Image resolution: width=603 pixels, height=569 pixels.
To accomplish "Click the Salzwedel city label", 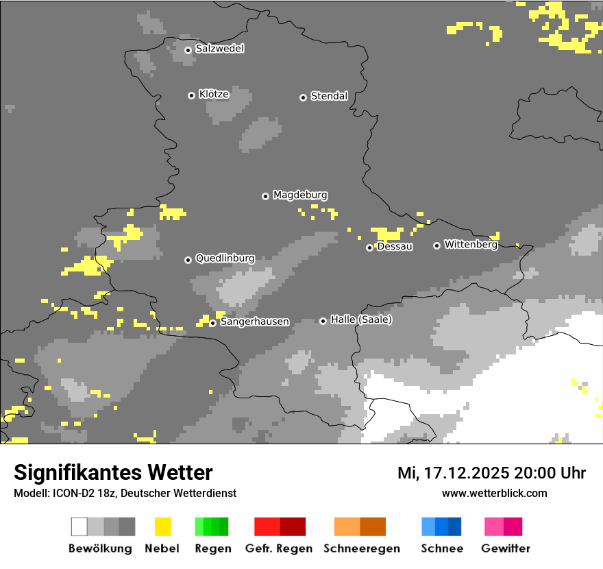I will (219, 49).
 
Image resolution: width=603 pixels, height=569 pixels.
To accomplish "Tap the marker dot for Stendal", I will (303, 97).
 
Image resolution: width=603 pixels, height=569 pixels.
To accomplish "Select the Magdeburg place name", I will (300, 195).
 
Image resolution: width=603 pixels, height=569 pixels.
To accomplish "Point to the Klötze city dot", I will (191, 95).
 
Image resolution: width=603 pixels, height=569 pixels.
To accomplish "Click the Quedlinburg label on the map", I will (225, 258).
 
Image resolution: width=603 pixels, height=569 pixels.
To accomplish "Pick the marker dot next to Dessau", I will (369, 247).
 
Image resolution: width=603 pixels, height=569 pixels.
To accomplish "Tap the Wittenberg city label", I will (471, 244).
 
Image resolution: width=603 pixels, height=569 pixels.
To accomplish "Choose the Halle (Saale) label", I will (361, 319).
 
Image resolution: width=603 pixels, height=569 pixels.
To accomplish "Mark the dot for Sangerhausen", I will (213, 323).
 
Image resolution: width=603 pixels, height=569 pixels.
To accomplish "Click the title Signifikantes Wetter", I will (113, 472).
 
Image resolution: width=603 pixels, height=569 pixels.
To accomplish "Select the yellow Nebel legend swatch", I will (163, 526).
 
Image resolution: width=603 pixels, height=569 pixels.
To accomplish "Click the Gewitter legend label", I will (506, 548).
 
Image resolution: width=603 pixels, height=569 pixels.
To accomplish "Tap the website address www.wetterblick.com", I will (494, 493).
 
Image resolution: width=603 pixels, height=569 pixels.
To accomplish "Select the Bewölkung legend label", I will (100, 548).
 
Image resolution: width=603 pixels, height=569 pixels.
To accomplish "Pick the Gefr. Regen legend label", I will (278, 548).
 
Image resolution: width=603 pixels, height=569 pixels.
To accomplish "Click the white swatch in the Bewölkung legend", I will (79, 526).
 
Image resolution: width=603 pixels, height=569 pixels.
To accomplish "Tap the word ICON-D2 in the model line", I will (66, 493).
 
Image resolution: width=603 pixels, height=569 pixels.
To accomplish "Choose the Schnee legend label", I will (442, 548).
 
